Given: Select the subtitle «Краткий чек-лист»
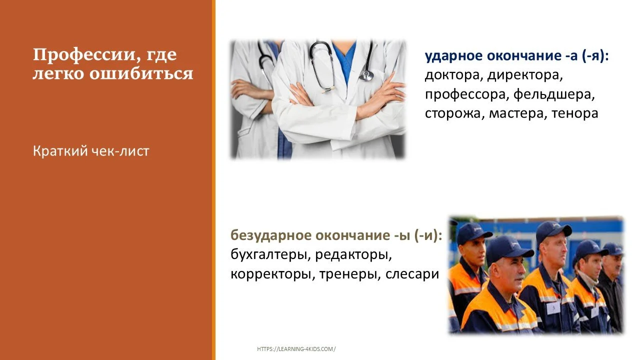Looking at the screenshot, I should pyautogui.click(x=91, y=150).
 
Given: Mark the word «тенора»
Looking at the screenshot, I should pyautogui.click(x=575, y=113).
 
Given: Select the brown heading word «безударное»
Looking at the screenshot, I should pyautogui.click(x=265, y=235).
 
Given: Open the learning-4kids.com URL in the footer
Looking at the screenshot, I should pyautogui.click(x=296, y=349).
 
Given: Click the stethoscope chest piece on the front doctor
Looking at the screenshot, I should pyautogui.click(x=366, y=75).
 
